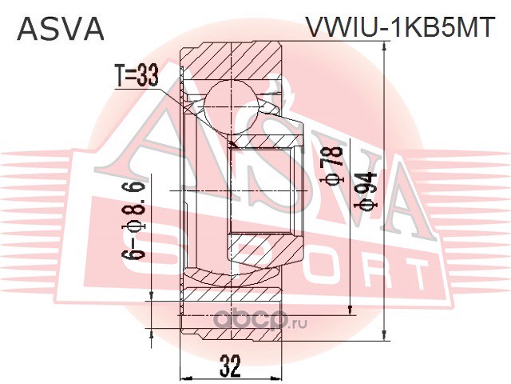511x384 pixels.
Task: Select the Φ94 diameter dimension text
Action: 369,192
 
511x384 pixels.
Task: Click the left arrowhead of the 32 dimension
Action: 185,376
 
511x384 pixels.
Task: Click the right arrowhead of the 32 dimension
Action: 278,376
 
